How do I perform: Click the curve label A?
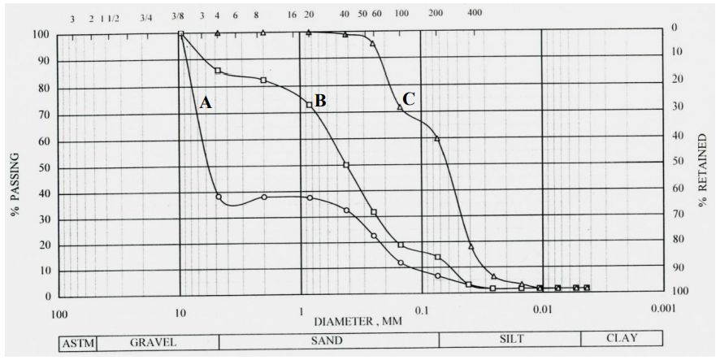click(206, 102)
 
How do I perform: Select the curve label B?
click(320, 101)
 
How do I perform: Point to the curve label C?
click(409, 98)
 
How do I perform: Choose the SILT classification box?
click(510, 339)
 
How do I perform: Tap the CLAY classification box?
click(622, 339)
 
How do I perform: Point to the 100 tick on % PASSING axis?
click(41, 35)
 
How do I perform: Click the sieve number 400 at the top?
click(475, 13)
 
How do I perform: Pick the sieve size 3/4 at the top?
click(145, 17)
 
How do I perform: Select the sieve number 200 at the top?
click(435, 15)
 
